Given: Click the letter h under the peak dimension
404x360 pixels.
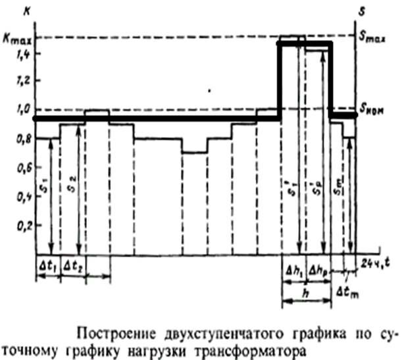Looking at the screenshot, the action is pos(305,294).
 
